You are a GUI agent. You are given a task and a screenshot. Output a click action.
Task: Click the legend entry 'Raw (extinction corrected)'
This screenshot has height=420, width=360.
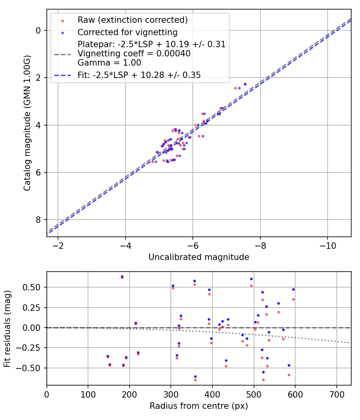132,20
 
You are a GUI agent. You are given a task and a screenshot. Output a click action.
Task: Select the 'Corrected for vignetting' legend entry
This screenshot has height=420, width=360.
127,32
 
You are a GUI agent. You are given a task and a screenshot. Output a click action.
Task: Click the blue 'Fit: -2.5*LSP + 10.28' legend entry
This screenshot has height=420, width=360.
139,75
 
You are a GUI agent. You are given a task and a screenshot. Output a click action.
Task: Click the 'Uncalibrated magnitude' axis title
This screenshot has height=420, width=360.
199,257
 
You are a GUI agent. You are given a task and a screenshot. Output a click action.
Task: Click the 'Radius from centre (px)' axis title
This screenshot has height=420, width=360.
199,406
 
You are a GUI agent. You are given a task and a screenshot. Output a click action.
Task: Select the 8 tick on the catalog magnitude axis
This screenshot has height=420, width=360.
38,220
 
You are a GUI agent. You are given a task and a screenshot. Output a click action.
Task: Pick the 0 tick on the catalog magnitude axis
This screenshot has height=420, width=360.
38,30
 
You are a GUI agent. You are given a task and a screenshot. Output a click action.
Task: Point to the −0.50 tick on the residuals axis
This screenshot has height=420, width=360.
32,368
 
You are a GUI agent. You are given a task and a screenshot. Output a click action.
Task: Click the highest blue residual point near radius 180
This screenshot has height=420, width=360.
122,276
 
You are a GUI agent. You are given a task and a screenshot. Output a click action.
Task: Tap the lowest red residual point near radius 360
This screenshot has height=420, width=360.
195,380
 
